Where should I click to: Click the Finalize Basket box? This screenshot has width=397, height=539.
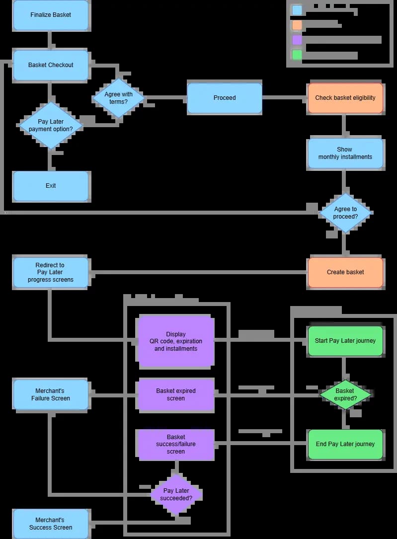(x=51, y=15)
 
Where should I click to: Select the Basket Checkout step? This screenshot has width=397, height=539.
(x=51, y=65)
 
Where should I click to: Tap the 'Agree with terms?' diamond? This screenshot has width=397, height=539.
(x=118, y=98)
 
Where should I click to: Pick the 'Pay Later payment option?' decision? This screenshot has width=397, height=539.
(x=51, y=125)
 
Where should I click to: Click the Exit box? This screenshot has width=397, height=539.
(x=51, y=186)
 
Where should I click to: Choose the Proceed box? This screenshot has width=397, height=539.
(x=225, y=98)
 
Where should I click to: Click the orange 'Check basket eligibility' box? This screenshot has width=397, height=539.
(x=345, y=98)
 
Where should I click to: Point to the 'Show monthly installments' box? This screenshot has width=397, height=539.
(x=345, y=153)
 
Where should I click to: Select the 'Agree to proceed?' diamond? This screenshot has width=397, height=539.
(x=345, y=213)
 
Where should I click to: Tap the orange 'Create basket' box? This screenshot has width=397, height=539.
(x=345, y=272)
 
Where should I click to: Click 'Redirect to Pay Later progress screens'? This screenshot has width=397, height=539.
(x=51, y=272)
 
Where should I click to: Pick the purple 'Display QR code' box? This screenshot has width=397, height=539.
(x=176, y=342)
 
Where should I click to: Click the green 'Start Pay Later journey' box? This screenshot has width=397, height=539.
(x=345, y=341)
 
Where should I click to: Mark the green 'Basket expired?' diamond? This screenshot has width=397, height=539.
(x=345, y=394)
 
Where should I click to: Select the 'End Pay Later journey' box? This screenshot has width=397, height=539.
(x=345, y=444)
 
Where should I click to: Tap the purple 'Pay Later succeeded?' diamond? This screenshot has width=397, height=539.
(x=176, y=494)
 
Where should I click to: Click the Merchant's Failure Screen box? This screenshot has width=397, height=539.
(x=51, y=394)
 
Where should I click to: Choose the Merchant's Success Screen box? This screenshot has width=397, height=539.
(x=51, y=524)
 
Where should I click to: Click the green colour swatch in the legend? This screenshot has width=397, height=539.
(x=297, y=55)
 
